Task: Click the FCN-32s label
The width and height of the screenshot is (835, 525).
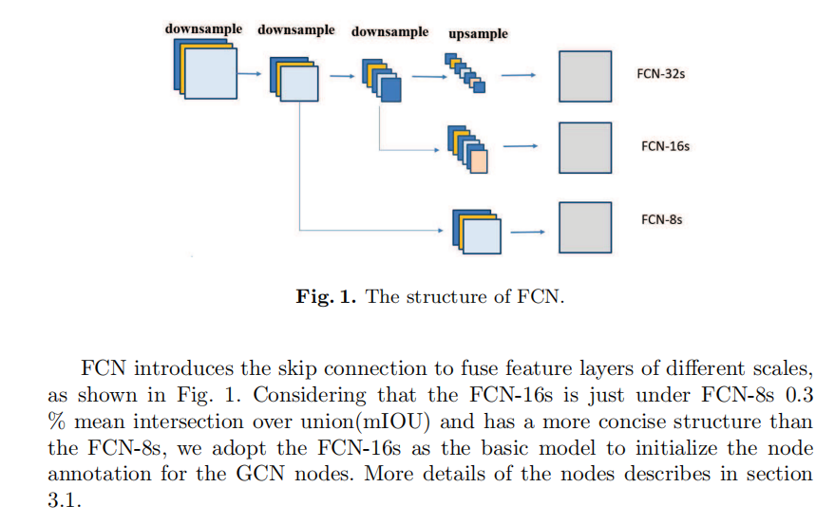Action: (x=661, y=71)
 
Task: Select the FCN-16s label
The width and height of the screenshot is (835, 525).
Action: (x=665, y=146)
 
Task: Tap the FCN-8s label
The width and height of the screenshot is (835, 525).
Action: (x=661, y=219)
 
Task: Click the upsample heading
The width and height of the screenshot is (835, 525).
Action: (x=478, y=33)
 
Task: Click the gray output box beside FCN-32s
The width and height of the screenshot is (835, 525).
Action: (x=584, y=76)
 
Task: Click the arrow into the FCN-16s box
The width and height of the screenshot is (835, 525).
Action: (x=521, y=146)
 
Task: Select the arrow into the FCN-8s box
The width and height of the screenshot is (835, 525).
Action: (x=530, y=230)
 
